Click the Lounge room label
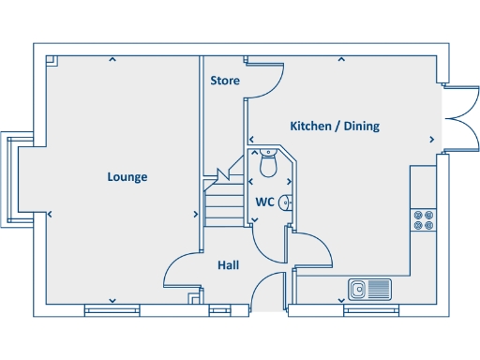click(127, 176)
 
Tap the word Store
click(224, 81)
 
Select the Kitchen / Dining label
click(335, 126)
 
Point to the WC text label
click(264, 202)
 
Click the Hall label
click(228, 265)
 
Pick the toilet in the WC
click(267, 163)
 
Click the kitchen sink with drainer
click(367, 288)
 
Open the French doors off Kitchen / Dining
click(459, 120)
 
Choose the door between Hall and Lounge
click(180, 274)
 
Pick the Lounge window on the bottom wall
click(112, 308)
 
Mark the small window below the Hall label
click(219, 308)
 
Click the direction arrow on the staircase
click(225, 175)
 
